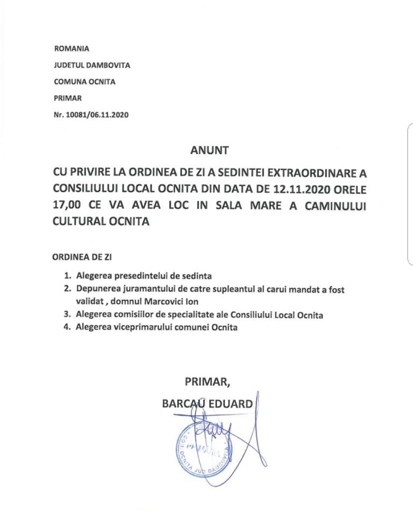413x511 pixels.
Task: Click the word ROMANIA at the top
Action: [x=72, y=48]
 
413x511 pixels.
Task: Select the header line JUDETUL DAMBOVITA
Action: [x=92, y=65]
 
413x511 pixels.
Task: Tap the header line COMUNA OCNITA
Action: [x=84, y=82]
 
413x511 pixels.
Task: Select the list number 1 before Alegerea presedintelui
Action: [x=67, y=275]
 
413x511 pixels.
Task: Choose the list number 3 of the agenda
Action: [x=67, y=315]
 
